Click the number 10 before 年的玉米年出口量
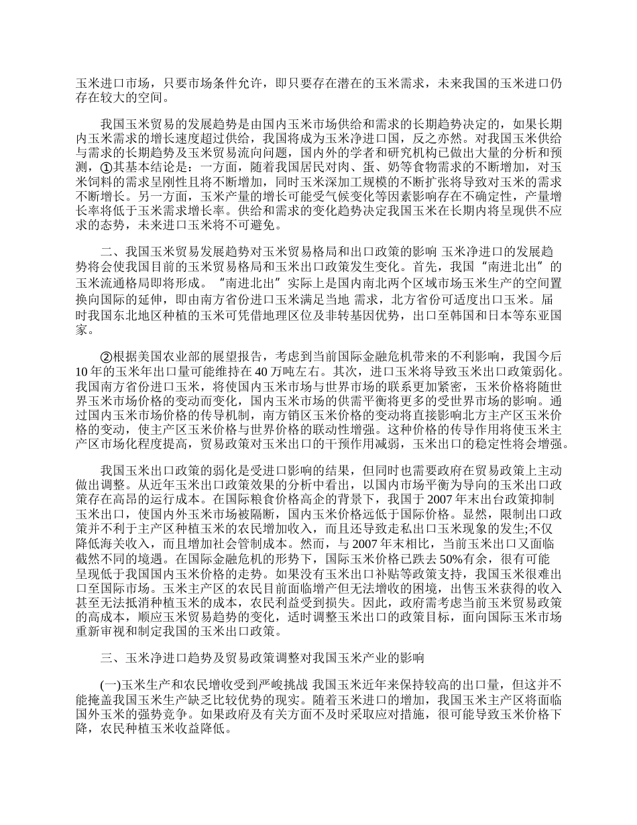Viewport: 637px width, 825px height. (x=82, y=371)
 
